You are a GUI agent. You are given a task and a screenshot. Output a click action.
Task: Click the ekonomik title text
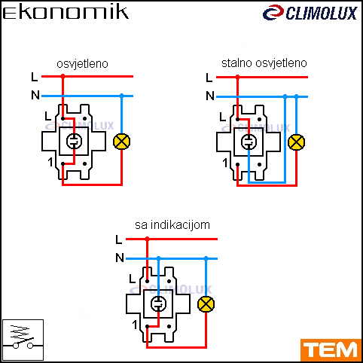click(x=66, y=13)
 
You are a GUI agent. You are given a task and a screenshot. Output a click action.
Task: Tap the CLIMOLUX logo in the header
click(x=310, y=13)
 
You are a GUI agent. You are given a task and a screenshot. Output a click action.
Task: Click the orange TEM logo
click(x=331, y=350)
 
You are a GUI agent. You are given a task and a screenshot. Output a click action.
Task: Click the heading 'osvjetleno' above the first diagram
click(x=82, y=64)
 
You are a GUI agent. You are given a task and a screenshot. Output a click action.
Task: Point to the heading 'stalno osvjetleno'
click(x=264, y=63)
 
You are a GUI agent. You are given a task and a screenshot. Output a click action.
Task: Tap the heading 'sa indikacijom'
click(x=172, y=225)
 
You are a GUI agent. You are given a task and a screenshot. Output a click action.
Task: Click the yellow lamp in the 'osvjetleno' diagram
click(x=122, y=142)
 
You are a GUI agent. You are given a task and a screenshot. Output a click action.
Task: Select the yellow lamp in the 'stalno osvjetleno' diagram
click(x=296, y=142)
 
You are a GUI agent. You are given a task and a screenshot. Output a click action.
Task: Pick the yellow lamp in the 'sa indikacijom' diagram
click(x=206, y=304)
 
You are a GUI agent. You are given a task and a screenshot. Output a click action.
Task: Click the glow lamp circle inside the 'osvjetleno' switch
click(x=74, y=141)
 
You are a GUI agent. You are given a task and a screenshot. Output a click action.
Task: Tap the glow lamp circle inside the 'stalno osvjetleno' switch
click(x=249, y=142)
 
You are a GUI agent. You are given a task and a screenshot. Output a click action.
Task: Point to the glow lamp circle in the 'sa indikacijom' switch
click(x=158, y=304)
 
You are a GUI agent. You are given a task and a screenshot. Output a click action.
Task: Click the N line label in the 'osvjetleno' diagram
click(x=35, y=95)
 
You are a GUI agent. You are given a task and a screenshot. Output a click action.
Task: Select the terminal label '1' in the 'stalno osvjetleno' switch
click(x=225, y=163)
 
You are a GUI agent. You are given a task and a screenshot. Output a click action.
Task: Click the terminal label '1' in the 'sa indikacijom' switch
click(x=135, y=325)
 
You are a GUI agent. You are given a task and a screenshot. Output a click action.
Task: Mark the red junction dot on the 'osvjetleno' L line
click(x=63, y=76)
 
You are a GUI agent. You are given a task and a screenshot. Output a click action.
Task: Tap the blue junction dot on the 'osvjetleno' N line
click(x=122, y=96)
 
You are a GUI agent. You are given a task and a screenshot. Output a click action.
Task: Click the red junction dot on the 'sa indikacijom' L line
click(x=147, y=239)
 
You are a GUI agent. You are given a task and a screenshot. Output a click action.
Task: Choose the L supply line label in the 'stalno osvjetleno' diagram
click(x=209, y=78)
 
